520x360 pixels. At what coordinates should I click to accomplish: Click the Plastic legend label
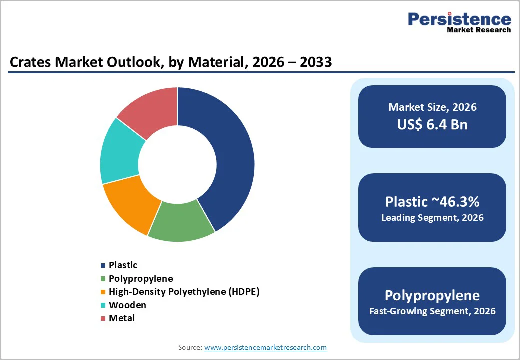click(123, 265)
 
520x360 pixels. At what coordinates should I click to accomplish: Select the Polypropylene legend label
click(141, 278)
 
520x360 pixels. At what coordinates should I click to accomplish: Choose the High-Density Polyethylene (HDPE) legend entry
click(184, 291)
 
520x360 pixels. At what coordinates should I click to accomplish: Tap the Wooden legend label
click(127, 305)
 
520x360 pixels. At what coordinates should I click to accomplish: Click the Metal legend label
click(122, 318)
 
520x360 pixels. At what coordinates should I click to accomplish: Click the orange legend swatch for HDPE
click(103, 292)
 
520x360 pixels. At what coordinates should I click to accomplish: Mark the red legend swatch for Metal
click(103, 318)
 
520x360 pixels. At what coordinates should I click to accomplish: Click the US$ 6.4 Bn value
click(432, 124)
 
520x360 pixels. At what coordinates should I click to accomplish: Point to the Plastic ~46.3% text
click(432, 201)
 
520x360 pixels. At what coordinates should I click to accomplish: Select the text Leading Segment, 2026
click(432, 218)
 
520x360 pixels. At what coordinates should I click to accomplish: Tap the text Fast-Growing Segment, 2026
click(432, 311)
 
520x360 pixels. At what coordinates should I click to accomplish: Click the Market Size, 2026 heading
click(432, 107)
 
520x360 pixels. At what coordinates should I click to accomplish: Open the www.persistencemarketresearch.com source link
click(265, 347)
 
